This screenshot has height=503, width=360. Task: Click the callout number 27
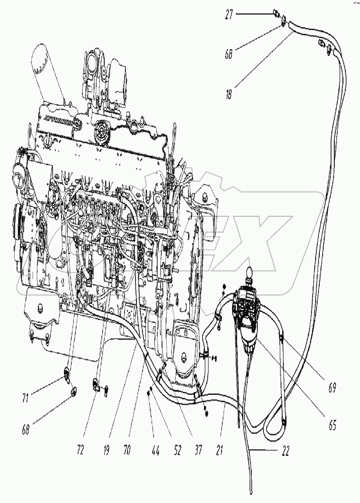(x=231, y=16)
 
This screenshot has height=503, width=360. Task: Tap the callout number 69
(x=332, y=387)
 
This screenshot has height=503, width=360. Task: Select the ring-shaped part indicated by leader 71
(x=65, y=373)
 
